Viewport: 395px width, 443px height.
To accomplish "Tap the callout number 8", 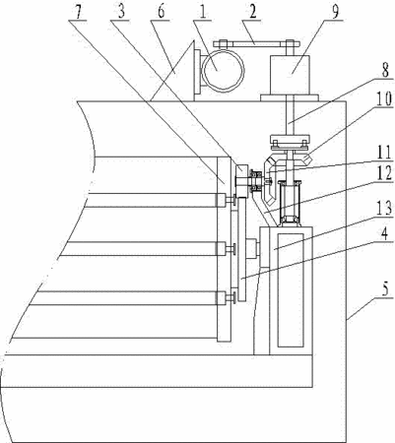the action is coord(385,69).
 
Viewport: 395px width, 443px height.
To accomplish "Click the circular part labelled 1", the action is coord(224,71).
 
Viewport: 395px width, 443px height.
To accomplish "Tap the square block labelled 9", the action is coord(290,75).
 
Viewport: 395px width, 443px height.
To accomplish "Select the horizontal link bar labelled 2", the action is coord(256,43).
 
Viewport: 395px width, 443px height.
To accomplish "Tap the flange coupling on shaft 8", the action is coord(290,141).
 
